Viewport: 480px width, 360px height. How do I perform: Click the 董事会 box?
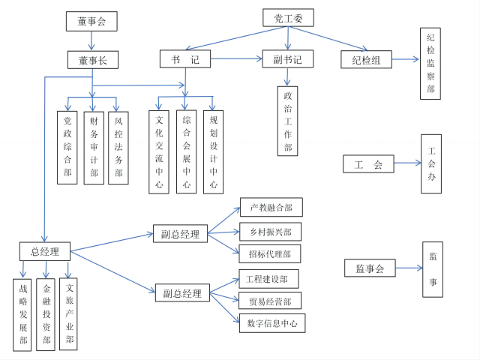(91, 22)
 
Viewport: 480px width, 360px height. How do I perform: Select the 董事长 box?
(92, 60)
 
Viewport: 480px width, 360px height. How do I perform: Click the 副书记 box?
(288, 58)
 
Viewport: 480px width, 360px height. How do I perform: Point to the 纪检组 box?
(366, 60)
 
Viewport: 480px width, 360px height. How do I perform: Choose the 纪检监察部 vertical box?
(430, 63)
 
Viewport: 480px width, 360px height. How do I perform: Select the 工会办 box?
(431, 163)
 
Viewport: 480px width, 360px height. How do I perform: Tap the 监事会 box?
(370, 268)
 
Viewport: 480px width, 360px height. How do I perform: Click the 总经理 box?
(45, 251)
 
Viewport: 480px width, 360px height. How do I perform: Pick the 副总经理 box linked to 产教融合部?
(180, 234)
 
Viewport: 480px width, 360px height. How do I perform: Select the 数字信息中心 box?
(271, 324)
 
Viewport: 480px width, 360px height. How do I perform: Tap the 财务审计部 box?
(94, 147)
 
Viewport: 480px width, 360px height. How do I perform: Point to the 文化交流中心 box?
(159, 151)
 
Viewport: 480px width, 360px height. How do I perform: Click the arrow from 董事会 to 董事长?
(91, 41)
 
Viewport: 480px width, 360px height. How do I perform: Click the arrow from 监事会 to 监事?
(406, 268)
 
